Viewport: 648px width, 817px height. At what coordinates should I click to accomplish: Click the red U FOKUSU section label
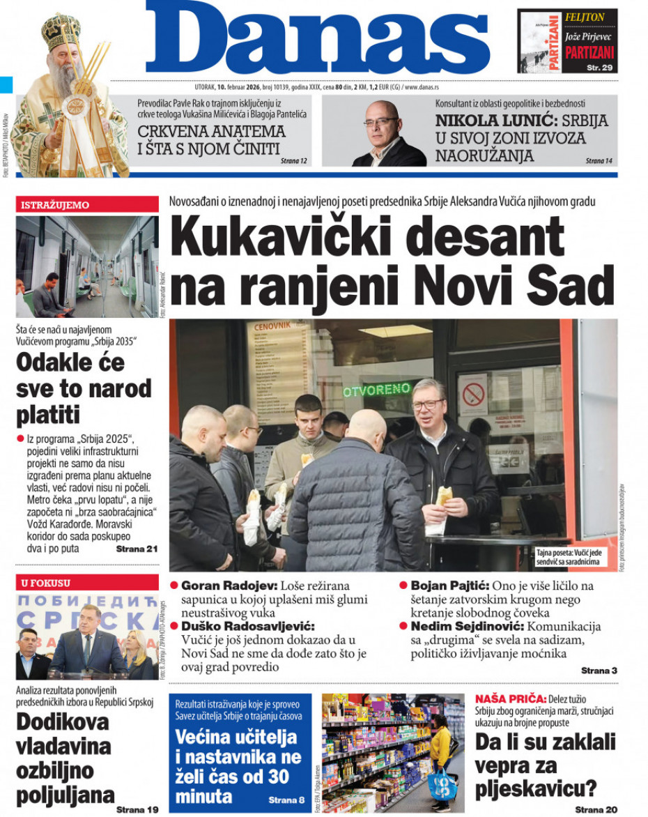pos(46,583)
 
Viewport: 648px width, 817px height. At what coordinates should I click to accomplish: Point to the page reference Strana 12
pos(294,161)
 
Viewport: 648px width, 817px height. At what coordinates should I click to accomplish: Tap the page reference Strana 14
pos(599,161)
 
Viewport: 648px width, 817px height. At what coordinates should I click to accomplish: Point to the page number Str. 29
pos(598,67)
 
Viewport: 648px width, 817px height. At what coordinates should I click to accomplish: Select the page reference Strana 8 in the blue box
pos(286,800)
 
